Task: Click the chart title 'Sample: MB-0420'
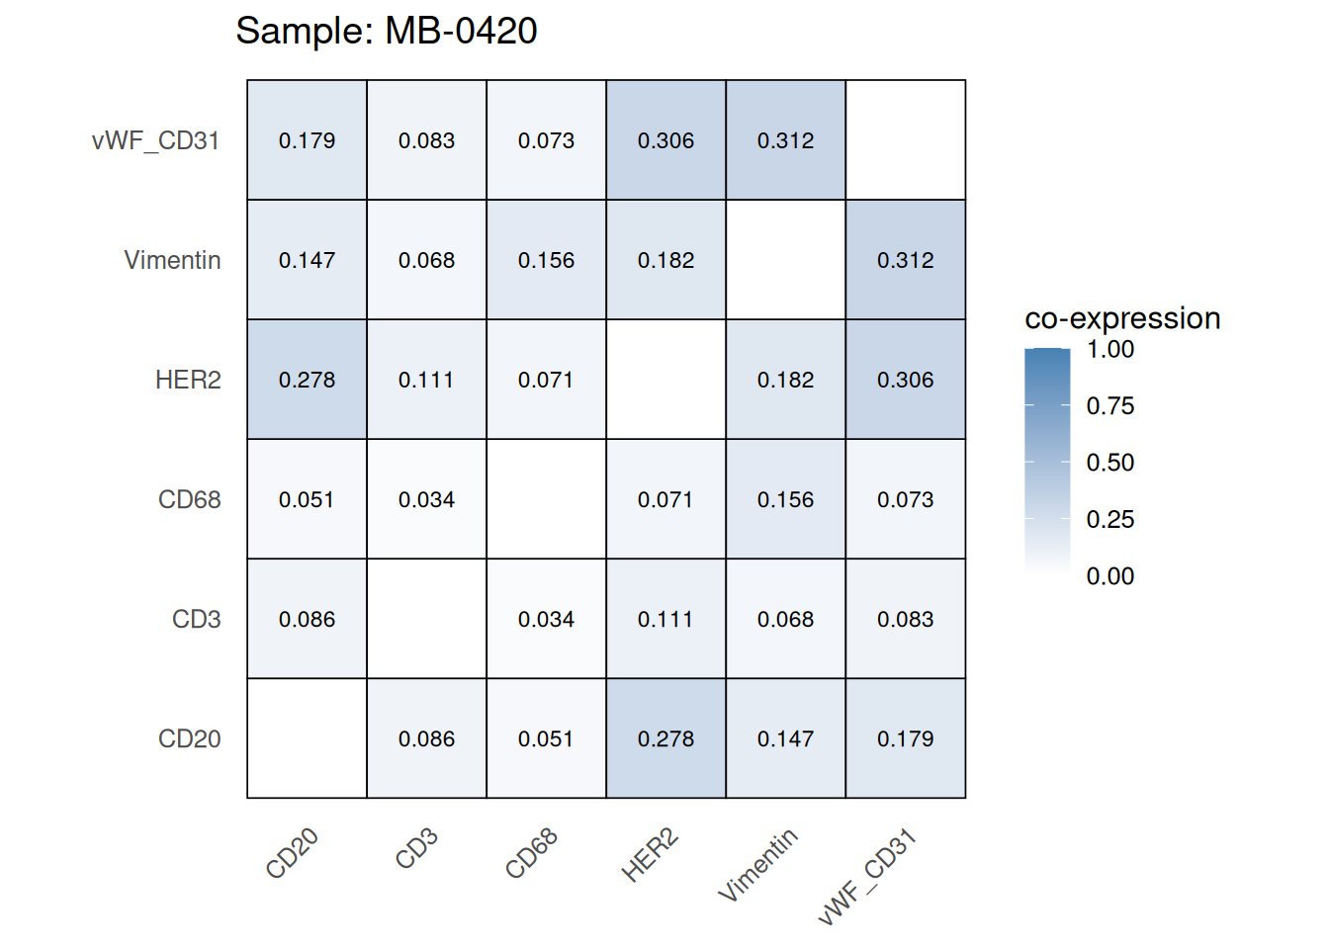386,31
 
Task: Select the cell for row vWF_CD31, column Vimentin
785,140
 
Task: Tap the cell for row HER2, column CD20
307,380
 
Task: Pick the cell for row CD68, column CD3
426,499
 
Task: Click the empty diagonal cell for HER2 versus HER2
665,380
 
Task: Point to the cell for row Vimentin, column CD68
546,260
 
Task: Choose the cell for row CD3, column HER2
665,619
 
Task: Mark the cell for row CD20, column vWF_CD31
905,738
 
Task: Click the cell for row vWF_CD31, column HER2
665,140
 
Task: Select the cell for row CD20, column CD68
546,738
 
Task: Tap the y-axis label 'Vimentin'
172,260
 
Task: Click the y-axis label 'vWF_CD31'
155,140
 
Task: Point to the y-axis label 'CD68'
189,499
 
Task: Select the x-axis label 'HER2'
650,855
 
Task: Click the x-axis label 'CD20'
292,853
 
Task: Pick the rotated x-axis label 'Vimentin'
757,866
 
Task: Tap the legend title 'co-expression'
1122,318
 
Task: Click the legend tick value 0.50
1109,463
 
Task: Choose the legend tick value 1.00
1109,349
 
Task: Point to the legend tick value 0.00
1109,576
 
